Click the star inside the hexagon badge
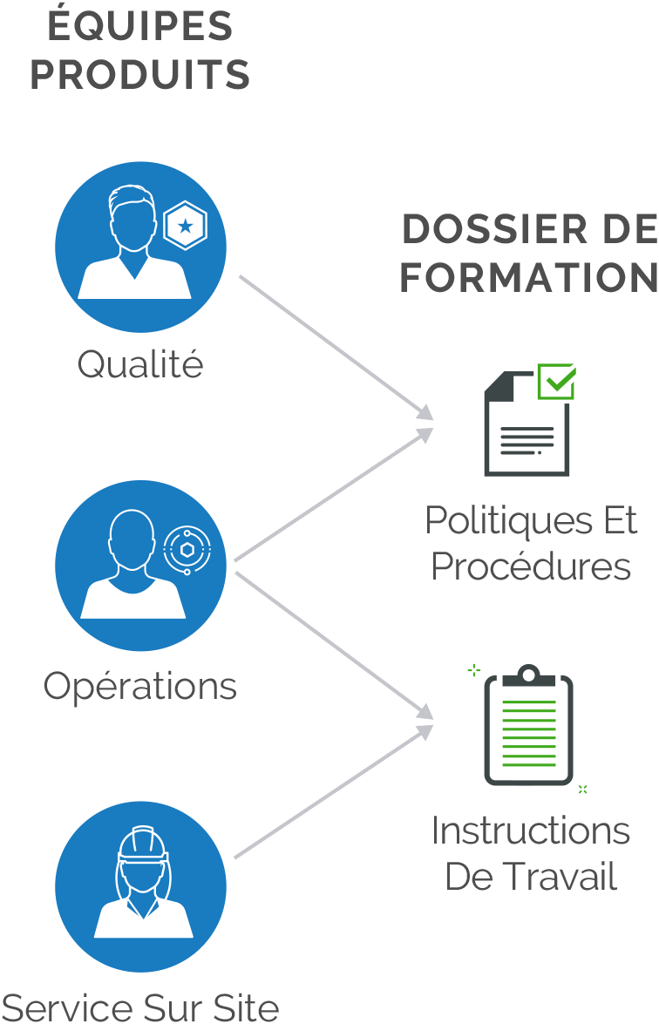tap(185, 227)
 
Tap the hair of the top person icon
tap(133, 195)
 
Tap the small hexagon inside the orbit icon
tap(187, 549)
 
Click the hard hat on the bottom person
tap(142, 844)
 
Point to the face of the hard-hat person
tap(143, 876)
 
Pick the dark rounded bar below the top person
tap(209, 363)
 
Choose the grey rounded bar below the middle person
tap(200, 686)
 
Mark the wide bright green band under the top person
tap(174, 383)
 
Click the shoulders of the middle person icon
tap(132, 601)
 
